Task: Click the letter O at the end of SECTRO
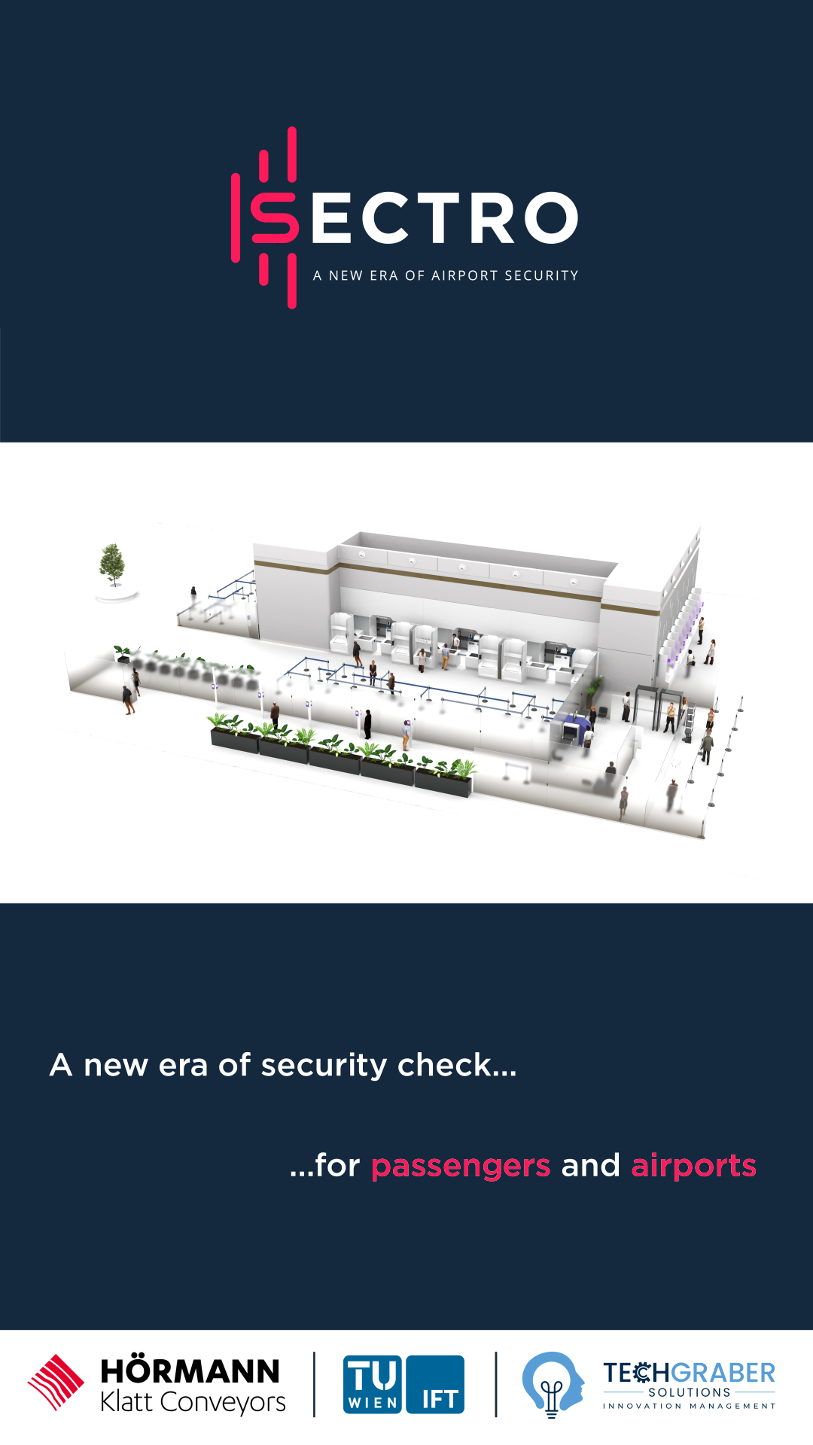[x=550, y=218]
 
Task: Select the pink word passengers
[x=461, y=1167]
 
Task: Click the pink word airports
[x=693, y=1167]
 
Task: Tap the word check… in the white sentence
[x=457, y=1064]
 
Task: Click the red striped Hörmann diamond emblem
[x=56, y=1383]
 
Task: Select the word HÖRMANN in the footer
[x=190, y=1371]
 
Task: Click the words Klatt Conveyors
[x=193, y=1402]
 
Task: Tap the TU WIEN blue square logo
[x=373, y=1385]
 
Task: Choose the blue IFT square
[x=435, y=1385]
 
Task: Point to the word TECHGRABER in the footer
[x=689, y=1373]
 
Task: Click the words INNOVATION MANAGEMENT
[x=689, y=1406]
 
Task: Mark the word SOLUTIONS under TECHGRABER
[x=690, y=1393]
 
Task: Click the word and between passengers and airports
[x=591, y=1165]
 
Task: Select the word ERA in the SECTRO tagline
[x=384, y=276]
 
